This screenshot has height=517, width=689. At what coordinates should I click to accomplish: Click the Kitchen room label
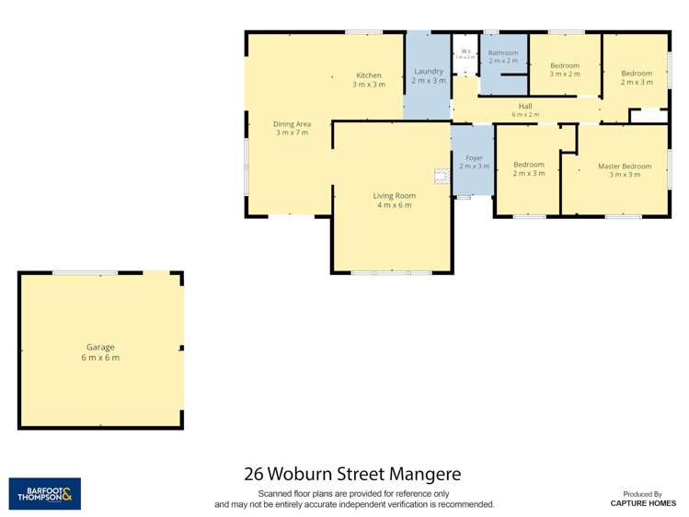[x=368, y=75]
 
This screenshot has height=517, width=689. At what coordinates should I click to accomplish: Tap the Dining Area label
[x=292, y=123]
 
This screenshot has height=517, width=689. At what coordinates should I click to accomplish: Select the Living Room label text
[x=394, y=195]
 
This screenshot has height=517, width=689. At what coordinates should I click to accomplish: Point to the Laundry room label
[x=429, y=71]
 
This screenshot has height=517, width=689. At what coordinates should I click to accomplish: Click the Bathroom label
[x=503, y=52]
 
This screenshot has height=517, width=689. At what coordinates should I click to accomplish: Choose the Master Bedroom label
[x=624, y=167]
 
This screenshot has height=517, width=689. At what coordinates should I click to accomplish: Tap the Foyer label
[x=474, y=158]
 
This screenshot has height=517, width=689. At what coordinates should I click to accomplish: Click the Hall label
[x=525, y=106]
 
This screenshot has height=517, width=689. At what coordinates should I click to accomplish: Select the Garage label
[x=100, y=347]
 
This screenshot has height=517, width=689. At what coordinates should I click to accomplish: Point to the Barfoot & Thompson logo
[x=44, y=493]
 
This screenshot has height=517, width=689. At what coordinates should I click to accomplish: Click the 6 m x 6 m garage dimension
[x=100, y=358]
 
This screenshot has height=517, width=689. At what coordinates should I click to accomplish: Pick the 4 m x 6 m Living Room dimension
[x=394, y=205]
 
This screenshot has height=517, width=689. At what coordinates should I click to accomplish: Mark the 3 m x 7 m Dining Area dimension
[x=292, y=133]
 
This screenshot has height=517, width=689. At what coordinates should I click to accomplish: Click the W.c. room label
[x=465, y=51]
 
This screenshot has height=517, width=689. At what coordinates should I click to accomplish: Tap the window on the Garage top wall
[x=85, y=272]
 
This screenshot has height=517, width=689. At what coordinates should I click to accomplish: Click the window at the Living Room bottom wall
[x=391, y=272]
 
